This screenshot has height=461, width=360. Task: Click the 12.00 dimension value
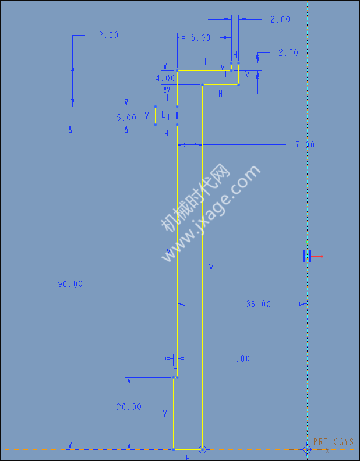[x=106, y=36]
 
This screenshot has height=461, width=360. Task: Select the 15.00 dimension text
[x=199, y=38]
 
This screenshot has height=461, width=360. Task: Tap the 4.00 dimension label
[x=165, y=78]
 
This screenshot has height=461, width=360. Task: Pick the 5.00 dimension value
[x=126, y=118]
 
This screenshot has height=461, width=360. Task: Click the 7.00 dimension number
[x=305, y=145]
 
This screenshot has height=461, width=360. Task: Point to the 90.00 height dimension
[x=70, y=284]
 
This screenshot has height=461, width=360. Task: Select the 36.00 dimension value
[x=259, y=304]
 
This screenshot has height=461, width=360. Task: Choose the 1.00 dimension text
[x=241, y=359]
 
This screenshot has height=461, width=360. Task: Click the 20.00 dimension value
[x=129, y=407]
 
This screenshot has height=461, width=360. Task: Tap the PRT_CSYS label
[x=336, y=442]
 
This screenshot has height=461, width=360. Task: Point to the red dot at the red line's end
[x=322, y=256]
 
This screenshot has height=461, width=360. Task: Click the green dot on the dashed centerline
[x=307, y=242]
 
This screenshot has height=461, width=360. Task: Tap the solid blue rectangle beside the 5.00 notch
[x=177, y=116]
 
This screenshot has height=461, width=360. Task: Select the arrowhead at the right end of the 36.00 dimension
[x=303, y=304]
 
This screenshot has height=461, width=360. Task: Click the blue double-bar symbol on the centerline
[x=307, y=256]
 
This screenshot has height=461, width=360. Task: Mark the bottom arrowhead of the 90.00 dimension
[x=70, y=445]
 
